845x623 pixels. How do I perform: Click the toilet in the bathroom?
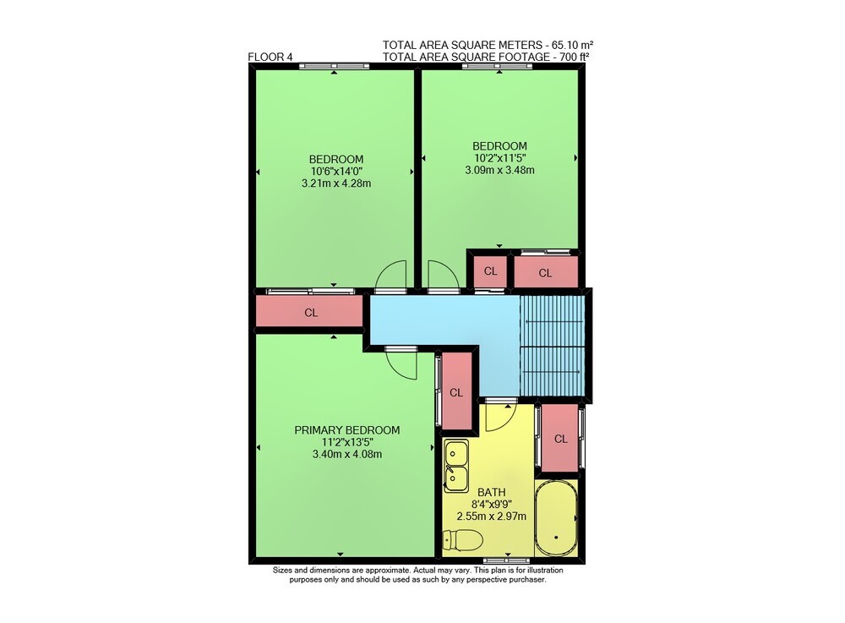coord(462,540)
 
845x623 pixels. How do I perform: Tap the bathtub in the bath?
coord(556,518)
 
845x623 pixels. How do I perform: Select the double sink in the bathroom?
coord(456,466)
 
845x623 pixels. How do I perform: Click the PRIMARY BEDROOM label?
coord(347,430)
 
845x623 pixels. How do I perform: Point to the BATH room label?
coord(492,492)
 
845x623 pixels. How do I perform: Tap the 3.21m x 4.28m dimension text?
coord(336,183)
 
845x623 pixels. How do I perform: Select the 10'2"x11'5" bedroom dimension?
coord(499,158)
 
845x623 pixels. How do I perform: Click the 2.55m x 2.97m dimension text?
coord(492,516)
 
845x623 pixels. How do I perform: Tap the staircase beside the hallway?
coord(552,346)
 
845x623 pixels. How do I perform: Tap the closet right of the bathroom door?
coord(560,438)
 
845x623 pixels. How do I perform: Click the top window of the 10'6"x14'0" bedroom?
coord(335,66)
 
